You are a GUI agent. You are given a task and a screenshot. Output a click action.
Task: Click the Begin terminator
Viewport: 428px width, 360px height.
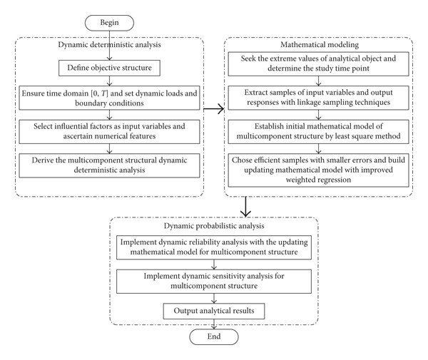[x=109, y=23]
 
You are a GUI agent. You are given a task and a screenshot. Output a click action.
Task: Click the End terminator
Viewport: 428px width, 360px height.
[x=214, y=336]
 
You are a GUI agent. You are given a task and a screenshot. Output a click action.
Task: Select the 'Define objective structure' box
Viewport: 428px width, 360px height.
[x=109, y=68]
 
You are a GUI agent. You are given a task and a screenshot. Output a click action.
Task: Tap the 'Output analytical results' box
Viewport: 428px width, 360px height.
[x=214, y=312]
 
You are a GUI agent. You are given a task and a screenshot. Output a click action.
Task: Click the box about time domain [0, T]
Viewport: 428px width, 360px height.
[x=109, y=98]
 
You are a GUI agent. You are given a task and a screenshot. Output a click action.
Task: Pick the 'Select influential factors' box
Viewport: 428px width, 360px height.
[x=109, y=132]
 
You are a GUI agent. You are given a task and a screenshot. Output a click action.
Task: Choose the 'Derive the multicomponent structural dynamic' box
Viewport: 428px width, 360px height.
[x=109, y=165]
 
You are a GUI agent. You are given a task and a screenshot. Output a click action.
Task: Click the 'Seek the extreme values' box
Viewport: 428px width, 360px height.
[x=318, y=64]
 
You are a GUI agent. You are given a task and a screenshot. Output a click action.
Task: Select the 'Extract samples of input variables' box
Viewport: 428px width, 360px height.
[x=318, y=98]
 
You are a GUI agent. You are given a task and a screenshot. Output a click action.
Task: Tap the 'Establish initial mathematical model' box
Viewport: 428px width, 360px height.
[x=318, y=132]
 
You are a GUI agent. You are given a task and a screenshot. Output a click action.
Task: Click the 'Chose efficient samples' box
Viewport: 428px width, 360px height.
[x=318, y=170]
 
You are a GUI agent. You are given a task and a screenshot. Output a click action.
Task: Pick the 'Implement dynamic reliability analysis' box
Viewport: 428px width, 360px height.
[x=214, y=247]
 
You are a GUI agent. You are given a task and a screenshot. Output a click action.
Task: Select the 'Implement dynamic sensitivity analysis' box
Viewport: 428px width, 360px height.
[x=214, y=282]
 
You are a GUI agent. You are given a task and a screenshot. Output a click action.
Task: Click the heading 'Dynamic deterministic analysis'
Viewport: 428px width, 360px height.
[x=109, y=45]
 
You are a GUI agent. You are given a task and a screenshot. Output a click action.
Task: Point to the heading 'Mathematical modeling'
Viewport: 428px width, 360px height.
[x=320, y=45]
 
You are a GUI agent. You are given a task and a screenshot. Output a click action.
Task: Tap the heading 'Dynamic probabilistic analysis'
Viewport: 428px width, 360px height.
[x=214, y=226]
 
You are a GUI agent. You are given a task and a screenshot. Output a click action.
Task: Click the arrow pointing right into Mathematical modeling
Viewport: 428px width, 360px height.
[x=214, y=109]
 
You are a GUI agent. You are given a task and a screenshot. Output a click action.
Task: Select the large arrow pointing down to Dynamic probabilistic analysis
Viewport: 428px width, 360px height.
[x=245, y=207]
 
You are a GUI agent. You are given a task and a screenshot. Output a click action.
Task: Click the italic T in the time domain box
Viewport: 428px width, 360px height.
[x=103, y=93]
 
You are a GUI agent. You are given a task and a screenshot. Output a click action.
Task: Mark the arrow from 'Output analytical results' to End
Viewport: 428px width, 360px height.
[x=214, y=324]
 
